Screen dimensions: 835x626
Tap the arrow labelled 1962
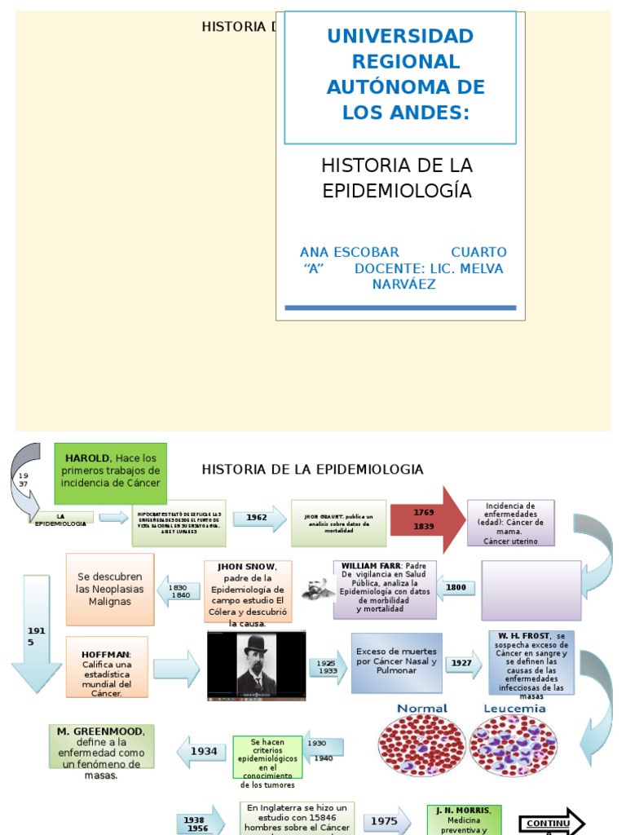tap(259, 518)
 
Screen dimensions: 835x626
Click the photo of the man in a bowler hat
tap(256, 665)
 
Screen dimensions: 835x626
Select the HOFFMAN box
tap(107, 668)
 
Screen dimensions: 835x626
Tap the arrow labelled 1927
tap(463, 663)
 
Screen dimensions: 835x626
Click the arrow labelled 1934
tap(201, 751)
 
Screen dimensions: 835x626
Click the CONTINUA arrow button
tap(551, 823)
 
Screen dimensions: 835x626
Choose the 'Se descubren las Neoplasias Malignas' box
tap(109, 589)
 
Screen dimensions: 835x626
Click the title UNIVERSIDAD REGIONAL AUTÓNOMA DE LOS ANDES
tap(399, 75)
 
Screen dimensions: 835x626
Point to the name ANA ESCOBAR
tap(350, 252)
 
